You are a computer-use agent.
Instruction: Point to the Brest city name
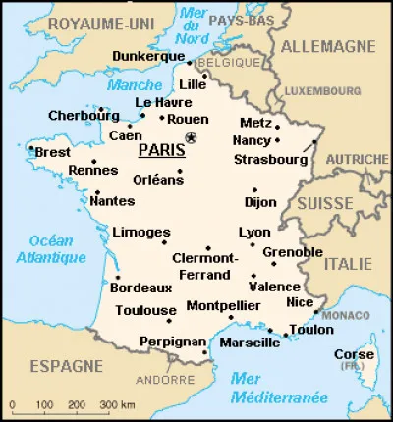point(52,153)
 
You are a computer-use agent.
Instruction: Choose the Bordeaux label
point(141,289)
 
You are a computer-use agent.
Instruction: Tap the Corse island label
point(353,353)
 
